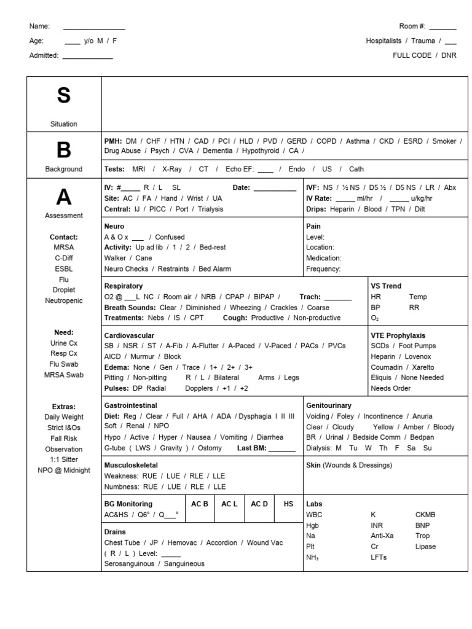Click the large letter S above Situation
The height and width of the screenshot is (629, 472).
point(63,96)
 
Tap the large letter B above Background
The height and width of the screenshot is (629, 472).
point(63,150)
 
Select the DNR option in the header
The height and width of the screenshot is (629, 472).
point(449,55)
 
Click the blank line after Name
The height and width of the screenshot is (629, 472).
point(94,27)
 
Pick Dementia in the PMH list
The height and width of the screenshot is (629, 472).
point(218,150)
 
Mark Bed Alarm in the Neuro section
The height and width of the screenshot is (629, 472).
point(215,268)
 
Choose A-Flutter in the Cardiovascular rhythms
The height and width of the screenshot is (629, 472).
point(206,346)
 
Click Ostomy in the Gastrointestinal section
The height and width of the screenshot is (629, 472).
point(210,448)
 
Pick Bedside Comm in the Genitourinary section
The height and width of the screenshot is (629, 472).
point(382,437)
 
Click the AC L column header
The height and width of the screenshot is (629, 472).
point(229,504)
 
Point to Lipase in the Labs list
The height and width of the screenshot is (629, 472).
point(425,547)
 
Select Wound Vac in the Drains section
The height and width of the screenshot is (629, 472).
point(265,542)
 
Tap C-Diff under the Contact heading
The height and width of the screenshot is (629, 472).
point(64,258)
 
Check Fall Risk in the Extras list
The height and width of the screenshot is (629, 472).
point(64,439)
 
